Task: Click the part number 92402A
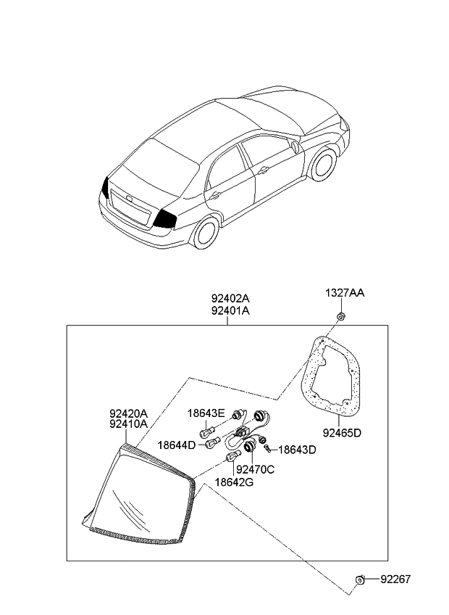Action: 230,298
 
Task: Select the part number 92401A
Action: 230,310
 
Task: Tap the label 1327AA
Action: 344,293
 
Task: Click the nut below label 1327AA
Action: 340,318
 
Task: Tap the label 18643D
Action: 298,450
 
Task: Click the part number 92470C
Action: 255,470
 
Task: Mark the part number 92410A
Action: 128,424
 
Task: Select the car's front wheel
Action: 323,166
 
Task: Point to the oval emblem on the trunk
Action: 128,197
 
